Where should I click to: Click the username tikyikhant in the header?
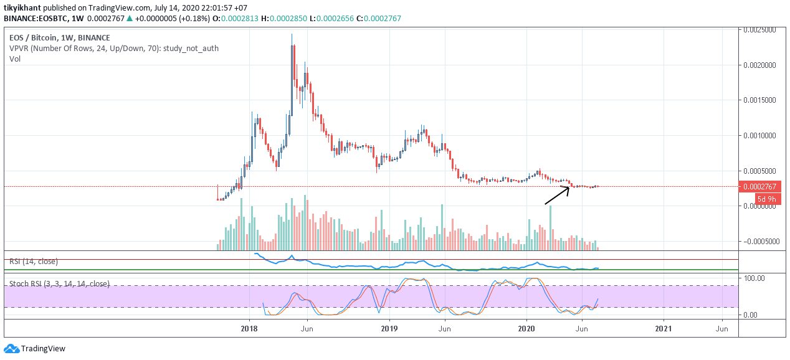[x=22, y=7]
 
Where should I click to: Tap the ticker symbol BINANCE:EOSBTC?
[x=36, y=18]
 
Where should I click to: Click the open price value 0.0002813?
[x=239, y=18]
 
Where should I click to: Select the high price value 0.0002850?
[x=288, y=18]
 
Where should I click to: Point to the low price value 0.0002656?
[x=335, y=18]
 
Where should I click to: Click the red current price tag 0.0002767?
[x=759, y=186]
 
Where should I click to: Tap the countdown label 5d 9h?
[x=767, y=199]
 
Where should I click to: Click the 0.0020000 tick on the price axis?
[x=759, y=65]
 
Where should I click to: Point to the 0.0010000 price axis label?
[x=759, y=136]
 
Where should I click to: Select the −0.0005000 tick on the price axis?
[x=761, y=242]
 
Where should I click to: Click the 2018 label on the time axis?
[x=249, y=329]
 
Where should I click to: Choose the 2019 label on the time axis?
[x=389, y=329]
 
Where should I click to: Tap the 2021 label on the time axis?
[x=664, y=329]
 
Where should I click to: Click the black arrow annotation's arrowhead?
[x=569, y=187]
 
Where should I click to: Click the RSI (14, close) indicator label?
[x=34, y=261]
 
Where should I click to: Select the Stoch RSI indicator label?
[x=59, y=284]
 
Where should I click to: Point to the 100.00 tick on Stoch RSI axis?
[x=754, y=278]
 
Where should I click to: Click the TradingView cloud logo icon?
[x=11, y=349]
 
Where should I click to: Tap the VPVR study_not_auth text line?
[x=114, y=49]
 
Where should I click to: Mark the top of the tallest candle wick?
[x=292, y=34]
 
